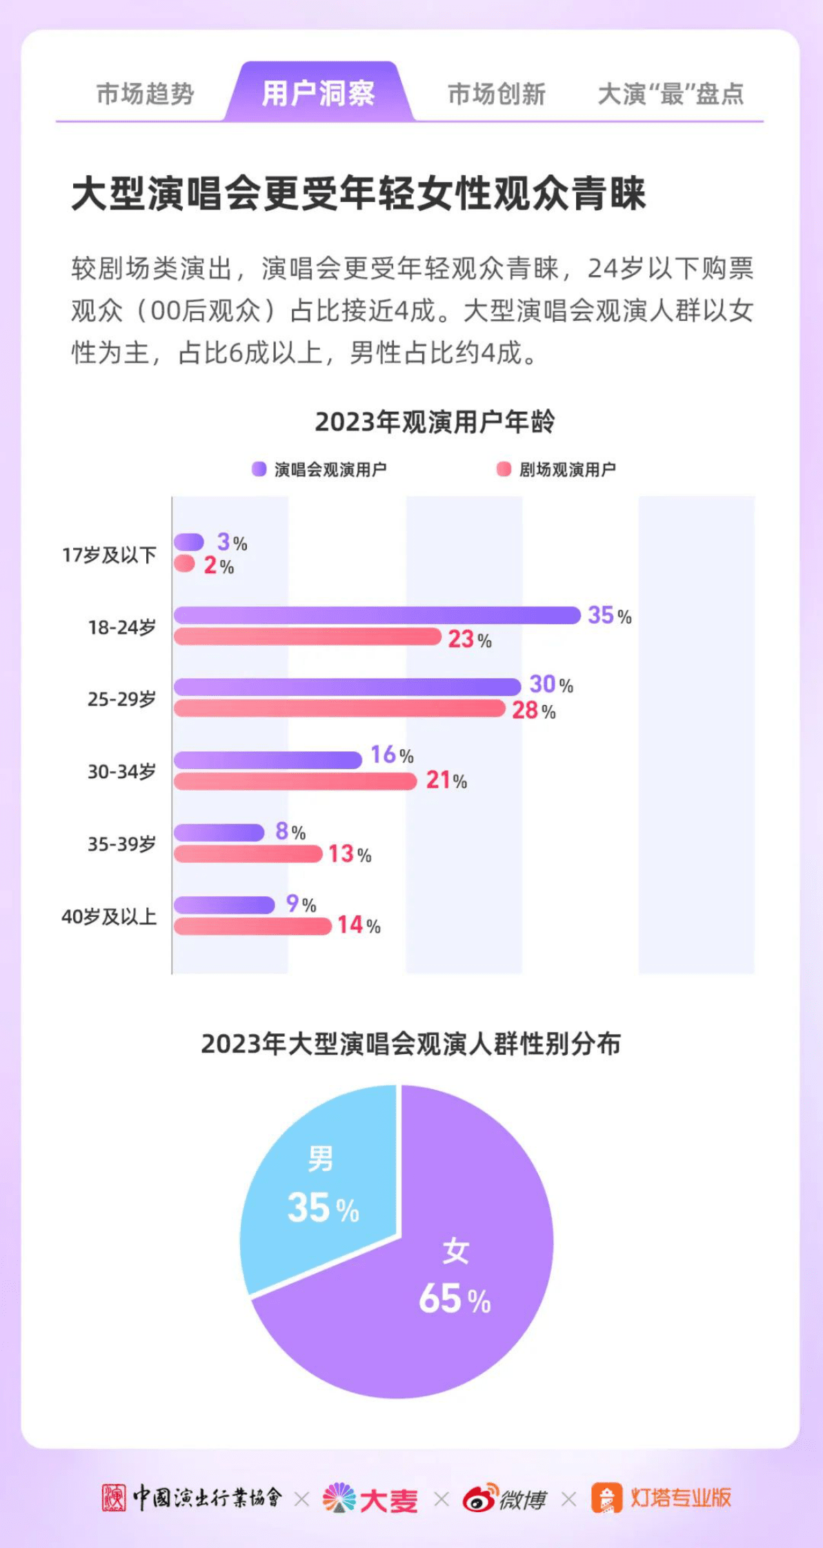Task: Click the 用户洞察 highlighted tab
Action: click(319, 93)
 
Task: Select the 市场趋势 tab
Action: click(145, 94)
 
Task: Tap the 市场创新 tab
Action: click(496, 94)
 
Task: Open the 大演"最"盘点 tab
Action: click(671, 94)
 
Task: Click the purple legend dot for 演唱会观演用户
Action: click(259, 469)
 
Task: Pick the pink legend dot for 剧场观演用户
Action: click(504, 469)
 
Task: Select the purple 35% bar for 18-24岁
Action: click(376, 615)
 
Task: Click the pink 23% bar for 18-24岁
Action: click(307, 637)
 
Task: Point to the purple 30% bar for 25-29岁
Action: click(347, 686)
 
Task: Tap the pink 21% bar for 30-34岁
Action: click(295, 781)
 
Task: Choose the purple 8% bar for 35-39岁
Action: click(219, 832)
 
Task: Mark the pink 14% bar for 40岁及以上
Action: click(252, 926)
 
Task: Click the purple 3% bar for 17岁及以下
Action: click(188, 542)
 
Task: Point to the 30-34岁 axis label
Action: click(121, 771)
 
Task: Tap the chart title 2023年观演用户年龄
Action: click(435, 421)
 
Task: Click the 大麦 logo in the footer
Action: click(370, 1499)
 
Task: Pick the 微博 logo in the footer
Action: click(504, 1499)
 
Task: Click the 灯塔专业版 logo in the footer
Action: click(661, 1498)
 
